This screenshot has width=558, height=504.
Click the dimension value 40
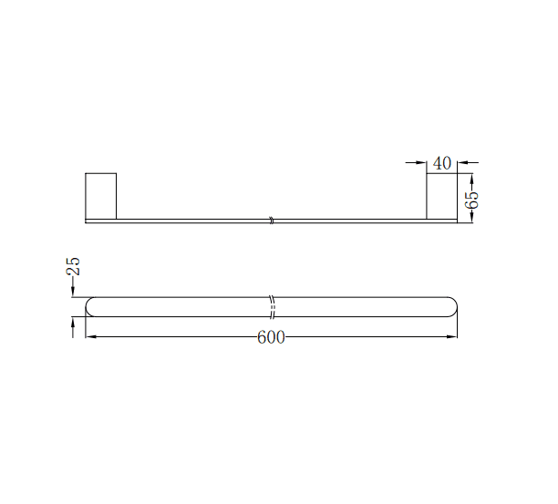pos(442,163)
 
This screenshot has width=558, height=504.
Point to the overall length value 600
pos(271,338)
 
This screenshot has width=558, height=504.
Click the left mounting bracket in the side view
pos(100,195)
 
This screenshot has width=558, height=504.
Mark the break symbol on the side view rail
pos(271,220)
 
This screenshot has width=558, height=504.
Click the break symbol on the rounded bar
pos(272,306)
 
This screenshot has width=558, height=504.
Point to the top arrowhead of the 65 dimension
pos(471,177)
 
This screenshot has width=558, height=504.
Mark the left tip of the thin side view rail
pos(87,221)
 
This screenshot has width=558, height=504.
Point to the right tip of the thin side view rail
pos(456,221)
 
